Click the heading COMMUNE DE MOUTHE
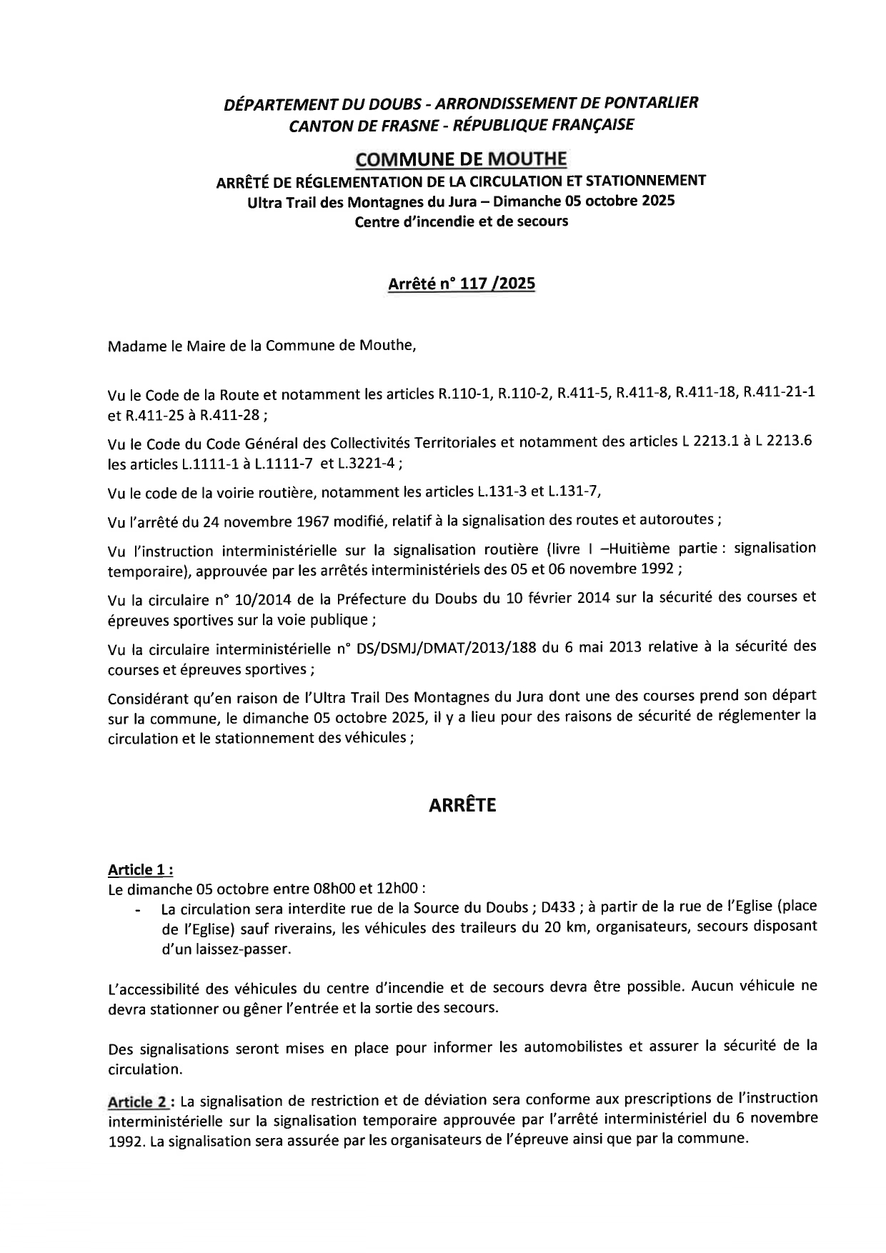coord(461,158)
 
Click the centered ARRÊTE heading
coord(462,806)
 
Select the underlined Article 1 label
coord(140,869)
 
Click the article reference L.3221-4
coord(372,464)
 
